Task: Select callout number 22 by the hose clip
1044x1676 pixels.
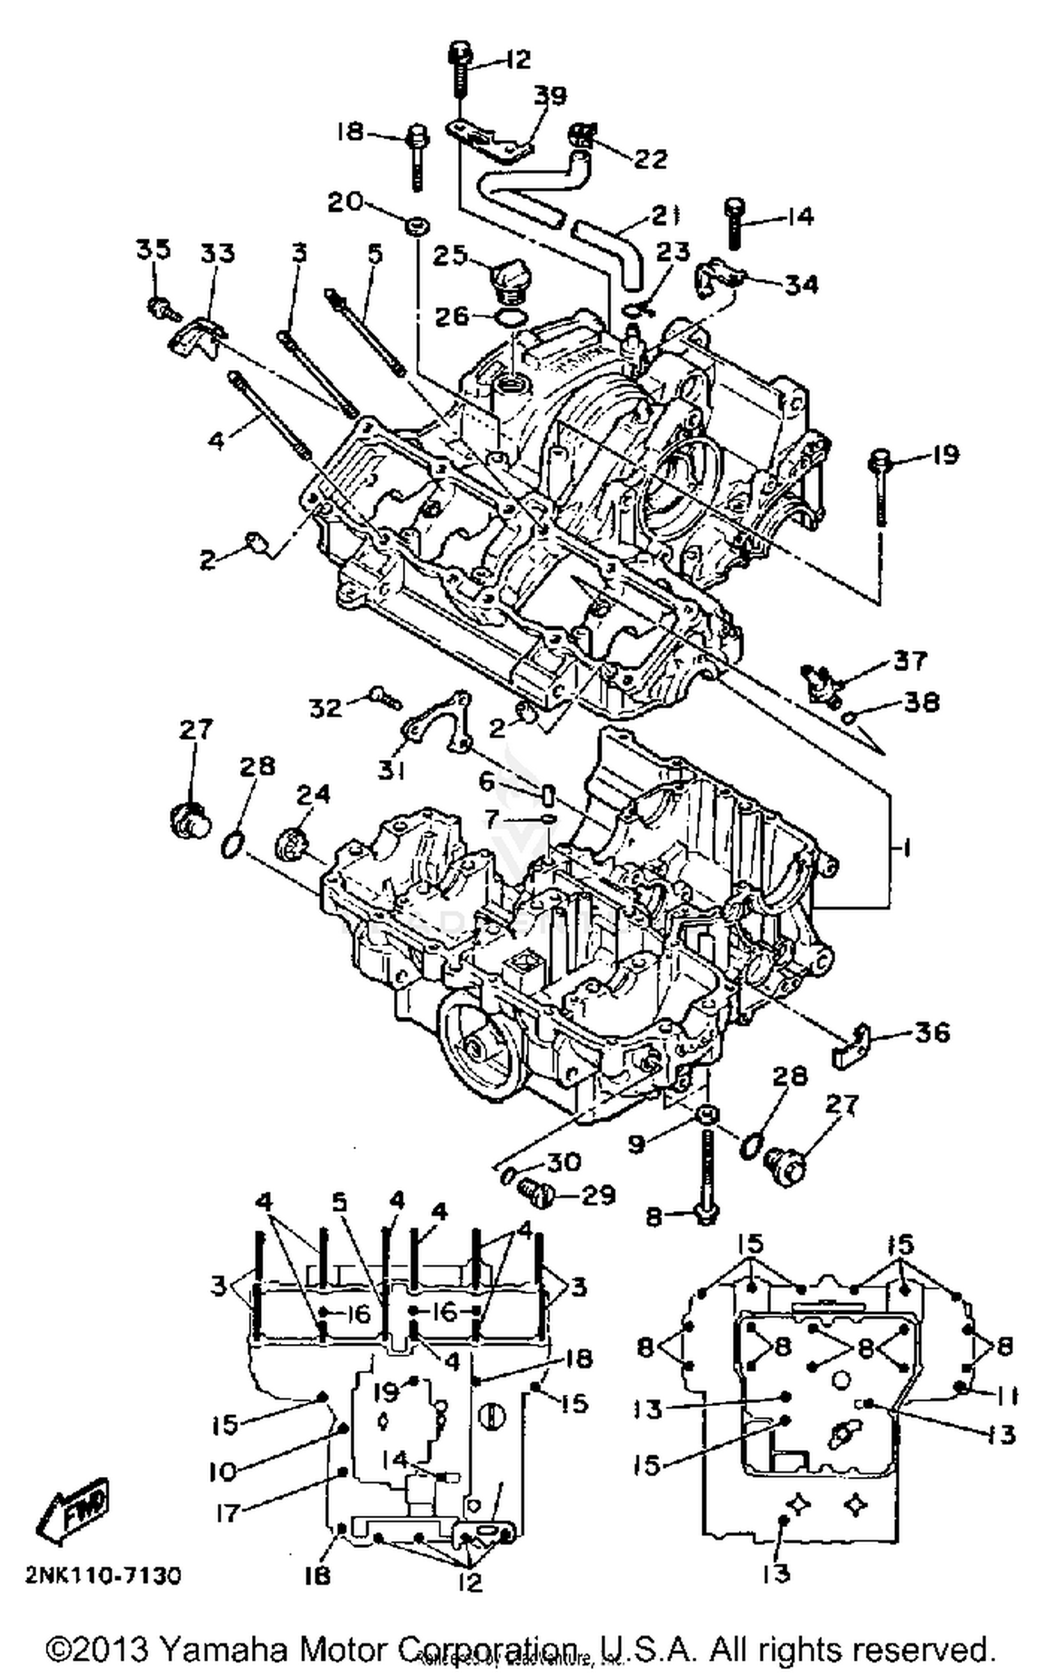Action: click(650, 159)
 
